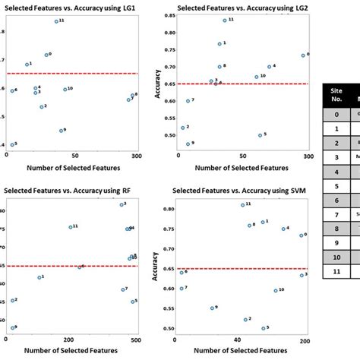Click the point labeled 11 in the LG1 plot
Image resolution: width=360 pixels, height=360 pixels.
coord(56,21)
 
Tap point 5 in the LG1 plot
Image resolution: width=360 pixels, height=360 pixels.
coord(11,144)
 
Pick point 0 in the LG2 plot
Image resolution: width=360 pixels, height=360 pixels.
coord(303,55)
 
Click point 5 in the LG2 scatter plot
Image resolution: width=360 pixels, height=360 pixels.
coord(260,135)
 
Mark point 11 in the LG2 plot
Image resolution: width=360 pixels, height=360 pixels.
coord(225,20)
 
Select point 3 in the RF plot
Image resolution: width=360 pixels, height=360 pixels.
coord(121,204)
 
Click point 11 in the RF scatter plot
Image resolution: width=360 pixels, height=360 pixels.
coord(70,227)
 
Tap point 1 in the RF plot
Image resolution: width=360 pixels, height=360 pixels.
coord(39,277)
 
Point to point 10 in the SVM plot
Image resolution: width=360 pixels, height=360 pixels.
coord(276,290)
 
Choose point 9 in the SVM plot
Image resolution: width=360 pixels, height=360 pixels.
coord(213,308)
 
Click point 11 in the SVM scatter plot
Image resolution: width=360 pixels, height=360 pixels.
coord(243,205)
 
